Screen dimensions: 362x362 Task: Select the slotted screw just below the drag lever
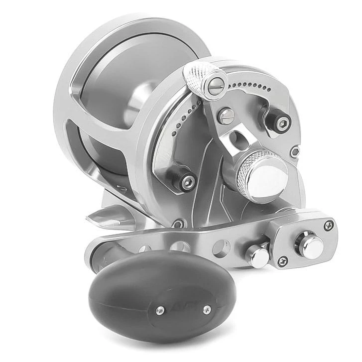227,117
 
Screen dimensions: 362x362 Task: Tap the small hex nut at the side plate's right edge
295,151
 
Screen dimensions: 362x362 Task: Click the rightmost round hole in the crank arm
222,246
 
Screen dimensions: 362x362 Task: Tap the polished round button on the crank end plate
311,246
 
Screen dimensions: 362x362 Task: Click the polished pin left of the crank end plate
259,256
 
